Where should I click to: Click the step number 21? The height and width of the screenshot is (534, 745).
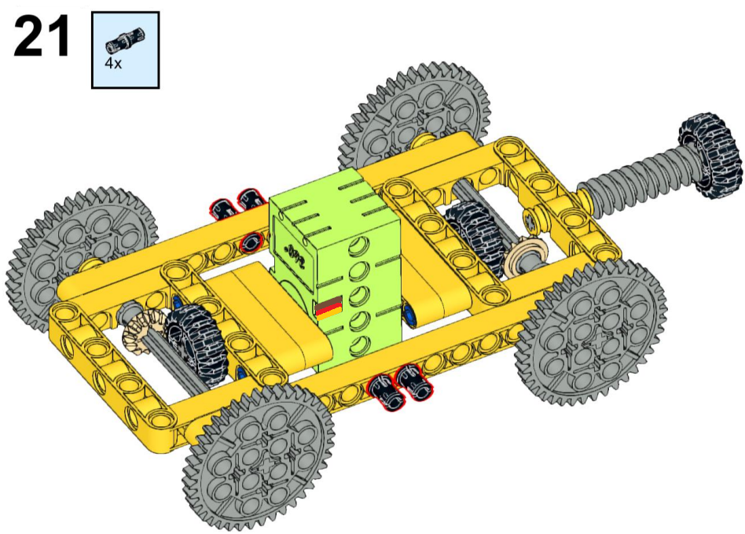pos(42,36)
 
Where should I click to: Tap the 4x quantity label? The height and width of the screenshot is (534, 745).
pos(113,63)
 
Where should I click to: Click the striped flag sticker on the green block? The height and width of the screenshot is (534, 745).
pos(328,308)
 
